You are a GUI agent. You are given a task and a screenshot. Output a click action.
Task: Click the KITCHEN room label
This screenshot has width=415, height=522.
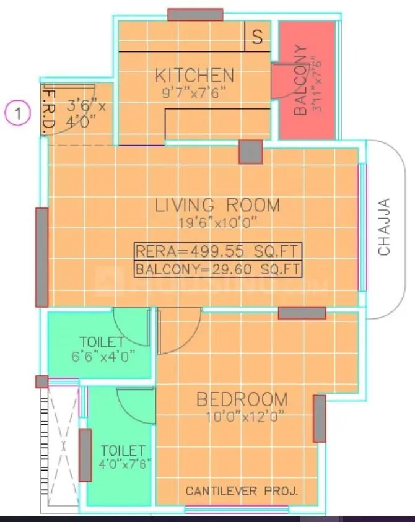(194, 76)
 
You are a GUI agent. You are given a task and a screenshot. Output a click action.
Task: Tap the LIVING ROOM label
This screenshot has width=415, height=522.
(217, 205)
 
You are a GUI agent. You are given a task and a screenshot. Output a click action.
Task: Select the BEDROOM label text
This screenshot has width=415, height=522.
(242, 399)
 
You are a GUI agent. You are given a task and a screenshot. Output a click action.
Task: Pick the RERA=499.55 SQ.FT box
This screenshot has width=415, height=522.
(218, 251)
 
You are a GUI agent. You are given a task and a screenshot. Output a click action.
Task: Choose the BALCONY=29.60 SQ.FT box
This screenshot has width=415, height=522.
(218, 269)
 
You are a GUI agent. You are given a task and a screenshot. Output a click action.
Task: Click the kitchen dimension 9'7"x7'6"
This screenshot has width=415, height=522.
(194, 94)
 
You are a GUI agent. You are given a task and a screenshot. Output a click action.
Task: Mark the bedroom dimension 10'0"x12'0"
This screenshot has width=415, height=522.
(242, 417)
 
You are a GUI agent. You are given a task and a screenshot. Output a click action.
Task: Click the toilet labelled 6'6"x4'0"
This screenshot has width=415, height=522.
(101, 349)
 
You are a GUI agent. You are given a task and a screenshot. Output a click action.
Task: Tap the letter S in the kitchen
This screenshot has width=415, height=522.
(256, 37)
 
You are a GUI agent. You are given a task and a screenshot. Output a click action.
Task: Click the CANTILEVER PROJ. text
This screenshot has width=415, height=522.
(242, 492)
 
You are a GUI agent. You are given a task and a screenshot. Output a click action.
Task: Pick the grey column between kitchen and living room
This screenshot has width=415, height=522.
(251, 152)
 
